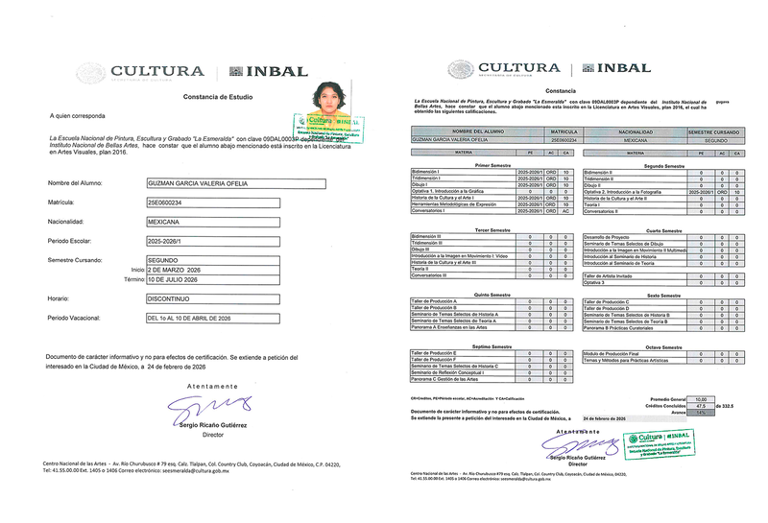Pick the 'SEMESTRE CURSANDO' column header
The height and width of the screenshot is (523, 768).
click(713, 131)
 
